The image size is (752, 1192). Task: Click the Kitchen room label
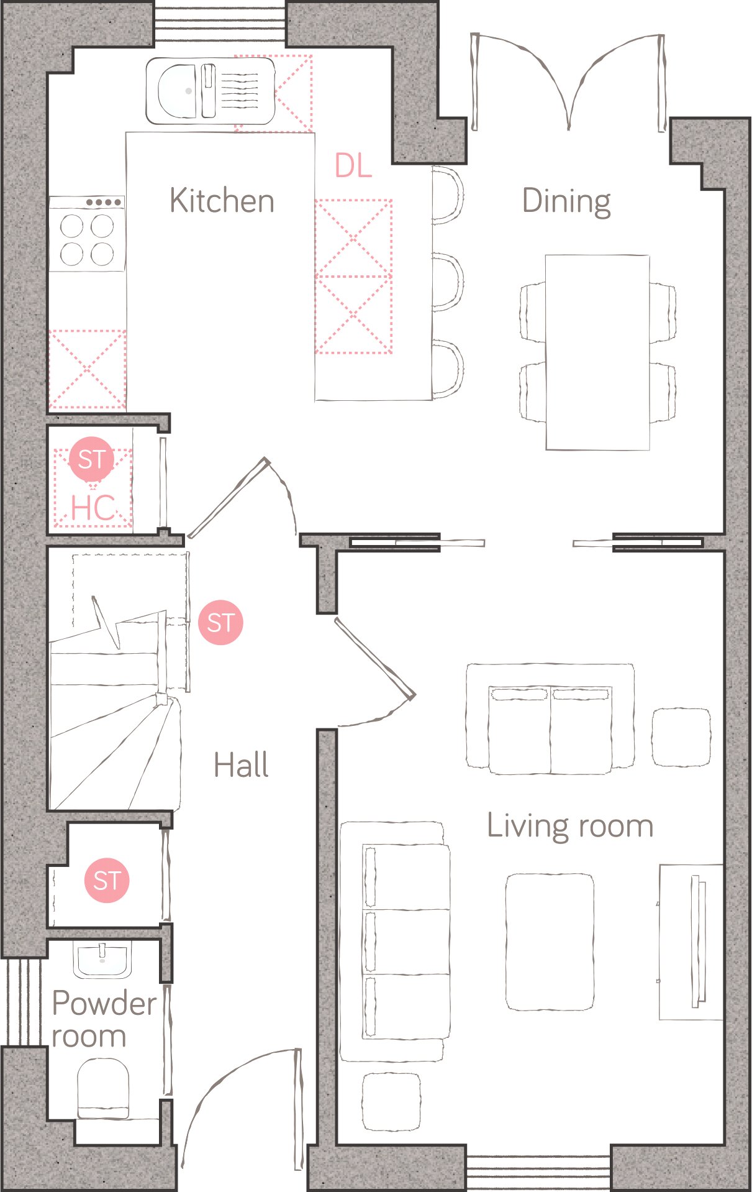point(222,201)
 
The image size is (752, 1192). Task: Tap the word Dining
point(566,202)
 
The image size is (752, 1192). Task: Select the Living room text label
point(570,827)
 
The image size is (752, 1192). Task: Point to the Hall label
point(242,764)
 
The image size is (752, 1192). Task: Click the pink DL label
point(353,165)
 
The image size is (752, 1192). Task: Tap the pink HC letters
point(93,508)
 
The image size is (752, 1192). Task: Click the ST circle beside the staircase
point(220,622)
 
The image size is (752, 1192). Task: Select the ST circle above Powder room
point(107,880)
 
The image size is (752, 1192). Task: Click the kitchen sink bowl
point(177,91)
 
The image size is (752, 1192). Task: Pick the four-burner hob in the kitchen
point(87,234)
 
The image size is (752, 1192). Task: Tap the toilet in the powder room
point(103,1089)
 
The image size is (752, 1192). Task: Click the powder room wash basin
point(102,960)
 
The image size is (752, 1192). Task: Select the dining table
point(597,352)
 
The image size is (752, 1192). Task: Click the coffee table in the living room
point(550,942)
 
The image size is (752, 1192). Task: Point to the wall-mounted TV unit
point(691,942)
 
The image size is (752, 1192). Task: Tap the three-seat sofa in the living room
point(395,942)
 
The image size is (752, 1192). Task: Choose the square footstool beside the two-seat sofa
point(681,736)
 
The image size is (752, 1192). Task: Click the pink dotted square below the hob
point(87,369)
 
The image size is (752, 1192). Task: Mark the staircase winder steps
point(115,752)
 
